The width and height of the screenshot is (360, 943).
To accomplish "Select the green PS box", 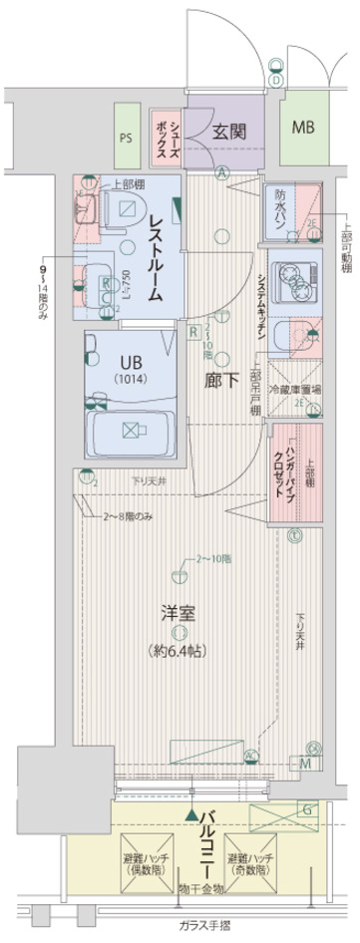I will [127, 139].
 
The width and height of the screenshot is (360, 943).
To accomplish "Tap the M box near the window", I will [305, 763].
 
